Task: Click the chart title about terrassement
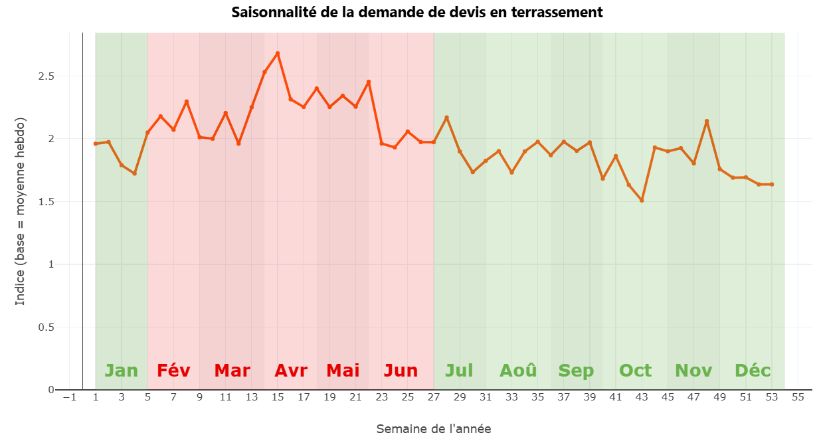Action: (x=417, y=12)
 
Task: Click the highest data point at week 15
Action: (x=278, y=53)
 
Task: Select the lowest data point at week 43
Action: (x=642, y=200)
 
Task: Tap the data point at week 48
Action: (x=707, y=121)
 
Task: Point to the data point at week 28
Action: (x=446, y=118)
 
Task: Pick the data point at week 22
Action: (x=369, y=82)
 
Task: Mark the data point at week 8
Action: (x=187, y=102)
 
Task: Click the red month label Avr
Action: (x=291, y=371)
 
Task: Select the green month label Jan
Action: (x=122, y=371)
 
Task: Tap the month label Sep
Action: (x=576, y=371)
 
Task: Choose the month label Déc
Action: (x=753, y=371)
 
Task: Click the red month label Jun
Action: (x=401, y=371)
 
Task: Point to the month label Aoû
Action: (x=518, y=371)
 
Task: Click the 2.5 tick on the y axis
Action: (x=46, y=76)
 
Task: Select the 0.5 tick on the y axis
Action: (x=46, y=327)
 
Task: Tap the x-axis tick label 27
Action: (x=434, y=397)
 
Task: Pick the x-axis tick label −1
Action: (x=69, y=397)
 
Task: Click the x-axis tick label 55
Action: (x=798, y=397)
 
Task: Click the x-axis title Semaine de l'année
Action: (x=434, y=428)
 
